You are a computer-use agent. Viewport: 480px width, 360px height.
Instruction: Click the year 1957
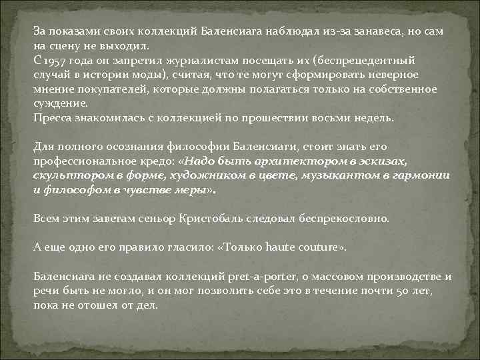click(56, 60)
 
